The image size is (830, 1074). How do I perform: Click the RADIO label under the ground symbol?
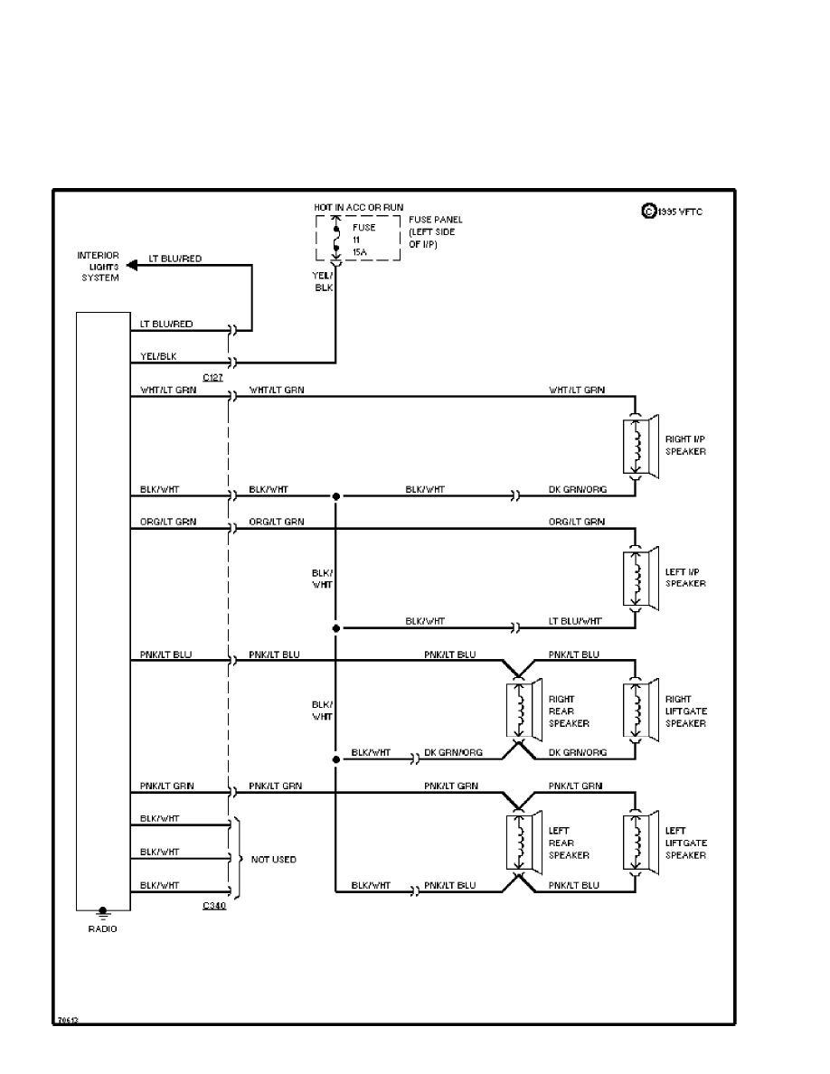102,928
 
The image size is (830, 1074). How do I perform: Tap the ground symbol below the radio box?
102,913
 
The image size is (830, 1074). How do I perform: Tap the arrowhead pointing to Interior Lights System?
132,266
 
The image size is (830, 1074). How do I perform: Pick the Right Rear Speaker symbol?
523,710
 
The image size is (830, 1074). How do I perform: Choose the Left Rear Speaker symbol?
523,842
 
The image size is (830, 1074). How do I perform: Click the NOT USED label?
273,859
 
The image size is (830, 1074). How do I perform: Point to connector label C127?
213,377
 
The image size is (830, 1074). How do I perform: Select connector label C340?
213,905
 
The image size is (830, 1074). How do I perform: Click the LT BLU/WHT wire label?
575,621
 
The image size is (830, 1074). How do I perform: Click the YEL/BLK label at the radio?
160,356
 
